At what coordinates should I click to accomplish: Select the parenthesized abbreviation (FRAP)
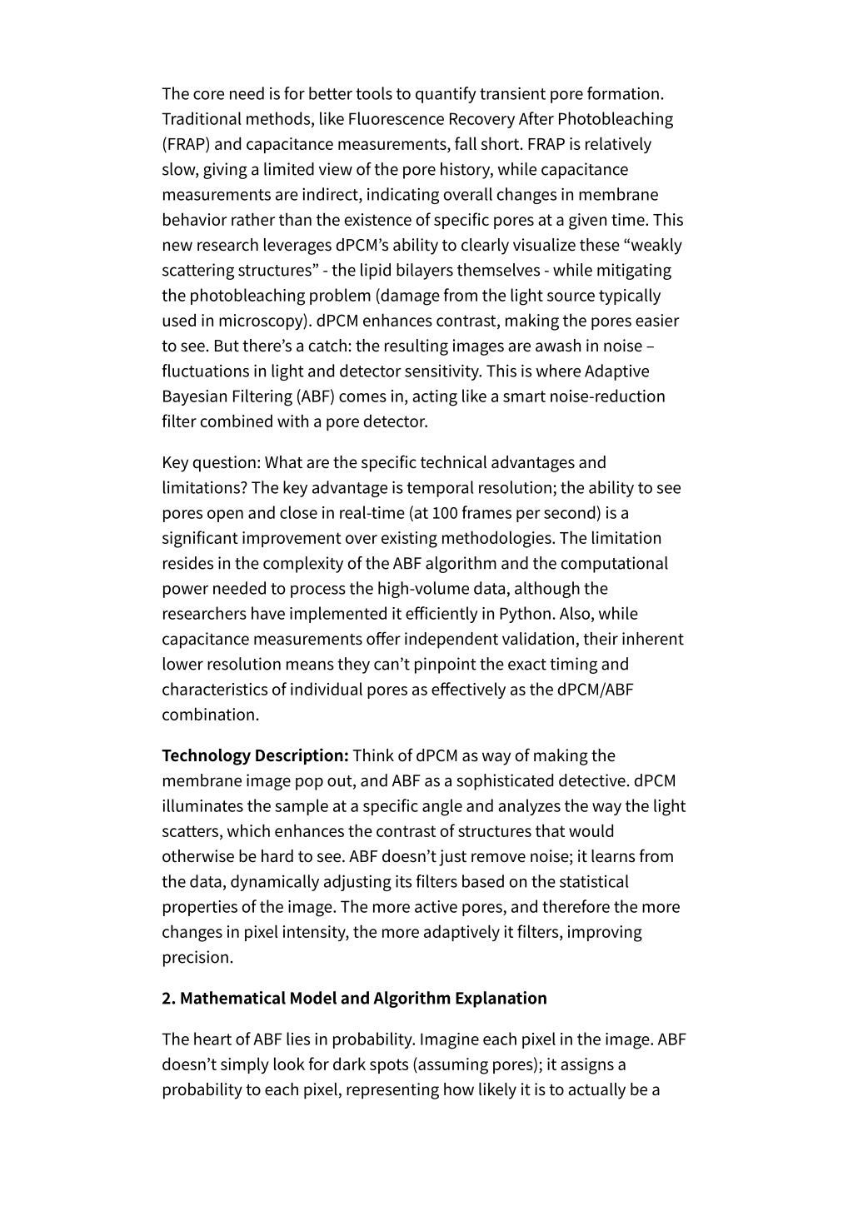coord(186,144)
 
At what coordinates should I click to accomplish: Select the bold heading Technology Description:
coord(255,756)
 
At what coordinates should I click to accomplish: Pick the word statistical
coord(596,882)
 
